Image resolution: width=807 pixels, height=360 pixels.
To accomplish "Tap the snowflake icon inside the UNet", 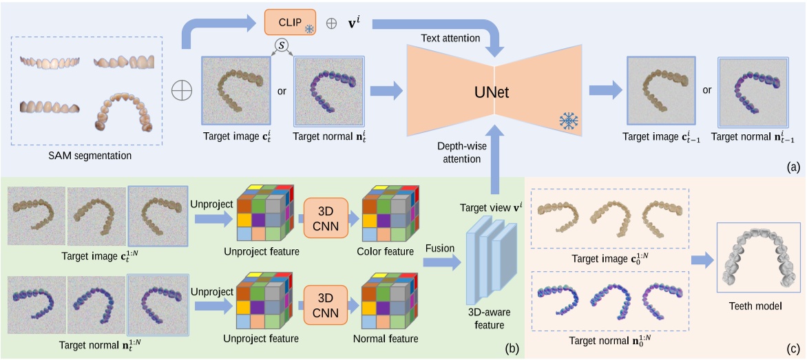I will [x=569, y=121].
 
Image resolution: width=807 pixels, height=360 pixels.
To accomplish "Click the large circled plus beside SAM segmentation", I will [x=182, y=90].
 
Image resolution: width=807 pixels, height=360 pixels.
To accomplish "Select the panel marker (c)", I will [x=794, y=350].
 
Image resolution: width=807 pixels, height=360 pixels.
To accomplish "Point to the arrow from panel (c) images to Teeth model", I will [x=700, y=260].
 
